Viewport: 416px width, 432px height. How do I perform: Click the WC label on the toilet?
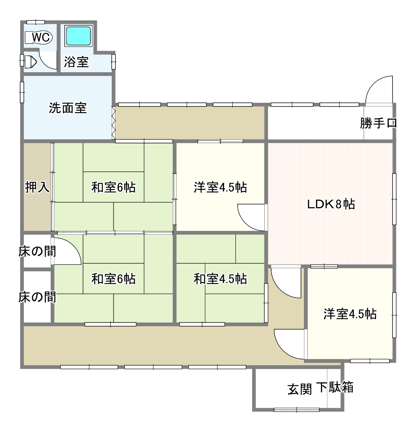(x=41, y=37)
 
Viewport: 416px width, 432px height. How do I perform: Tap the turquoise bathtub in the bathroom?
(x=79, y=36)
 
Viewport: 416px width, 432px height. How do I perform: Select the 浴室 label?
(x=76, y=62)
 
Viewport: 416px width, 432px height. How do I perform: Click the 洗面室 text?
(x=68, y=108)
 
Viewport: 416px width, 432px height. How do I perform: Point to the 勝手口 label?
(x=378, y=123)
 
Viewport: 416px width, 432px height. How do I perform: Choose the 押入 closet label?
(x=37, y=187)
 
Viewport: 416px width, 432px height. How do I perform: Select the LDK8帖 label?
(x=331, y=204)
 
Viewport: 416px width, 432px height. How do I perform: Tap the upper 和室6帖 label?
(x=114, y=187)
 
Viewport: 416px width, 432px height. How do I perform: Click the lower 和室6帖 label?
(x=114, y=279)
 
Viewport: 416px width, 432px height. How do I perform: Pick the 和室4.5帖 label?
(x=220, y=279)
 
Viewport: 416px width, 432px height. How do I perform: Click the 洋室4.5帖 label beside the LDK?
(x=220, y=187)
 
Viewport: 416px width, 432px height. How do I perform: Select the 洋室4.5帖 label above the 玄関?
(x=350, y=314)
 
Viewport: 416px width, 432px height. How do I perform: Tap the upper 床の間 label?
(x=38, y=251)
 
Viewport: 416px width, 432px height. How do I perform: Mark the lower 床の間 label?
(x=38, y=297)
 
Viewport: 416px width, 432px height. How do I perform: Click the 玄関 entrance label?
(x=300, y=389)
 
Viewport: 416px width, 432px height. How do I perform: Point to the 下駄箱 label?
(x=335, y=387)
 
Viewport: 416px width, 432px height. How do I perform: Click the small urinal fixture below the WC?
(x=30, y=61)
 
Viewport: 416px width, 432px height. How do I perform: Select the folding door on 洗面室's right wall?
(x=113, y=123)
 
